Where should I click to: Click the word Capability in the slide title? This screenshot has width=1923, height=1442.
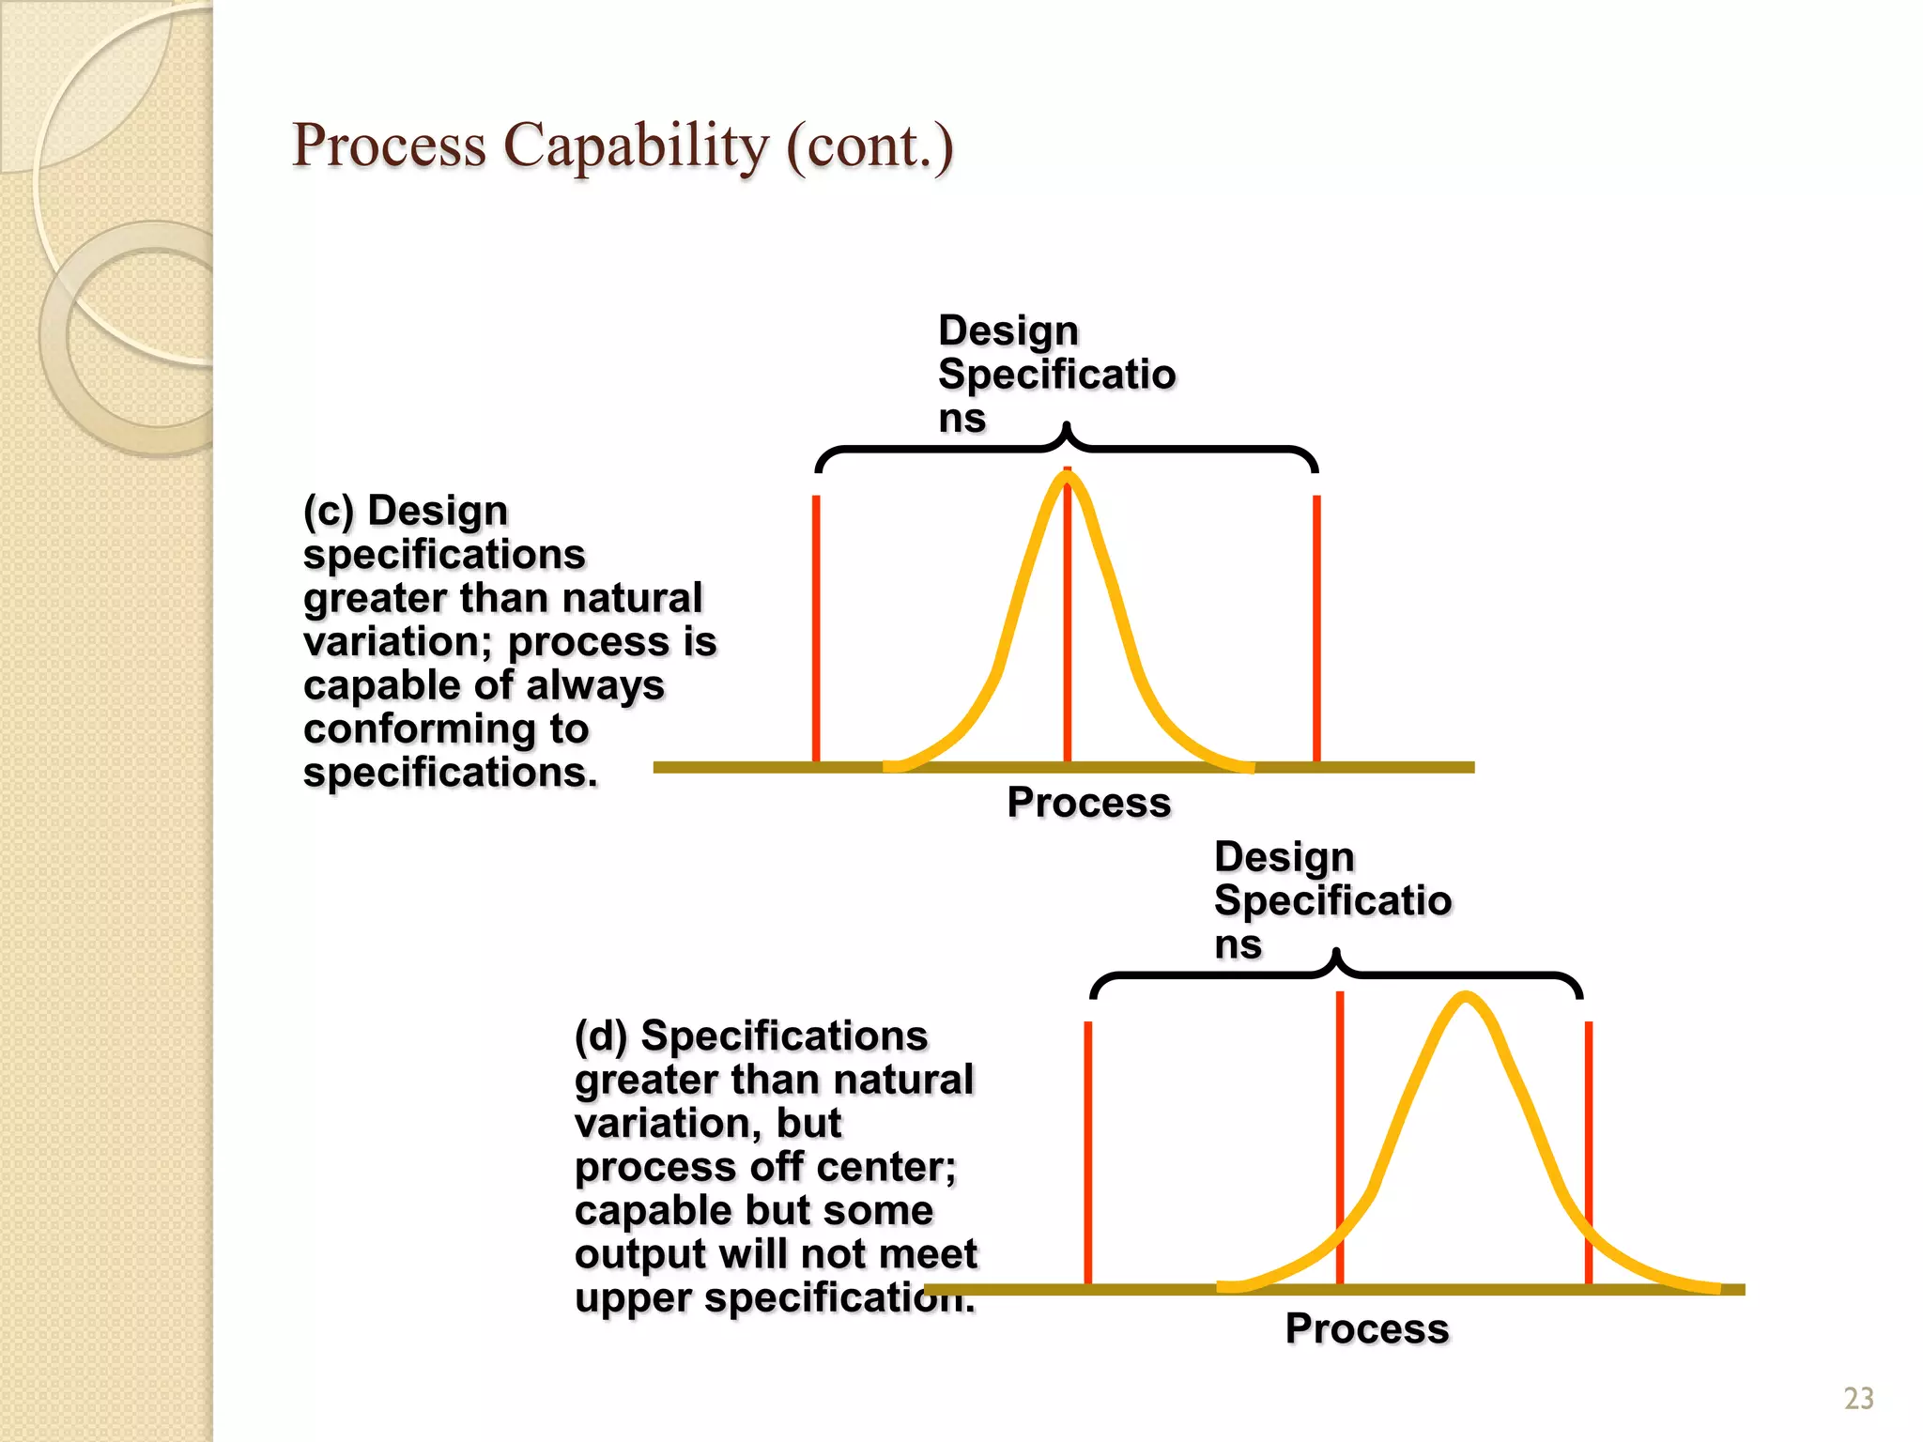coord(636,146)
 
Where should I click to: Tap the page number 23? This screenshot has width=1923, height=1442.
coord(1858,1399)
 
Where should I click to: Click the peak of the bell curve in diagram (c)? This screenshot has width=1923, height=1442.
coord(1068,478)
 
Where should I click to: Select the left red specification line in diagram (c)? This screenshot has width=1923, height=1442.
coord(816,629)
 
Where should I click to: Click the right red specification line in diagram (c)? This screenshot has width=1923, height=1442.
coord(1316,629)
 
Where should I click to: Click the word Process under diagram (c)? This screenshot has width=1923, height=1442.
coord(1089,803)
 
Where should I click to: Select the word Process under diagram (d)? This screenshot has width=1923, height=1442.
coord(1367,1328)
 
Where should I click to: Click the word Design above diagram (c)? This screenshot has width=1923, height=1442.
coord(1008,330)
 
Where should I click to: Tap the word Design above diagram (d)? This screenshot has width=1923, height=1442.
coord(1285,856)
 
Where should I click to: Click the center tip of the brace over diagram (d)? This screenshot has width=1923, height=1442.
coord(1336,954)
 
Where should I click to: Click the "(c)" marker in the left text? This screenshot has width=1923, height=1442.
coord(329,511)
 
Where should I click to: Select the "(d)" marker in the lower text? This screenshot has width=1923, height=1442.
coord(601,1035)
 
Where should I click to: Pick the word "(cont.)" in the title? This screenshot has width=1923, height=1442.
coord(869,146)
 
